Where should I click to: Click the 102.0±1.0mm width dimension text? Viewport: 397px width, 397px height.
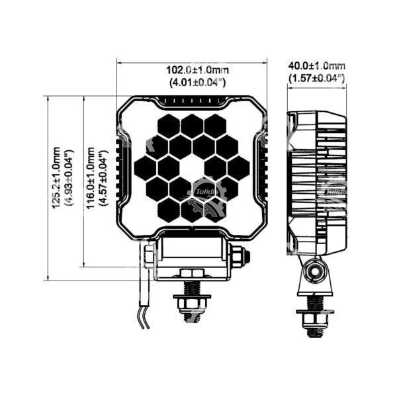(197, 70)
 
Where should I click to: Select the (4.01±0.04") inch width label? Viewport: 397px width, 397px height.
(197, 82)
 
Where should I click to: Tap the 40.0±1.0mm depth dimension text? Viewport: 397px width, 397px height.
(317, 66)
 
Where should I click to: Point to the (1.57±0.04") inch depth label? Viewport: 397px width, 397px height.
(317, 78)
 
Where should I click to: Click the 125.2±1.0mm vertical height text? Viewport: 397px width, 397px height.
(56, 177)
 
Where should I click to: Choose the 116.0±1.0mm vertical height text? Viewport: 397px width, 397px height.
(91, 178)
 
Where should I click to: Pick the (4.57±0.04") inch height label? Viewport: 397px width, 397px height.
(104, 178)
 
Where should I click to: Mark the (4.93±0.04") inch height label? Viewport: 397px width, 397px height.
(69, 177)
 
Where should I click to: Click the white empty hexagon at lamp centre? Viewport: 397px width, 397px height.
(192, 168)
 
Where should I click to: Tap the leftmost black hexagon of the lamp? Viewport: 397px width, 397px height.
(146, 168)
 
